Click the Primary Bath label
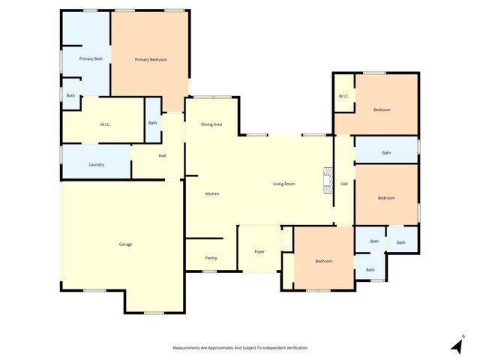(x=91, y=58)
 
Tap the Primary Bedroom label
(x=151, y=59)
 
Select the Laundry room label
(x=96, y=164)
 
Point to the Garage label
(x=125, y=244)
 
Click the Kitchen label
(x=212, y=194)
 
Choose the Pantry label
(x=211, y=257)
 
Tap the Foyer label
(x=259, y=251)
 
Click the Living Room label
(x=283, y=184)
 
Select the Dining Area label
(x=211, y=124)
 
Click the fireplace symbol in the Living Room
(x=327, y=181)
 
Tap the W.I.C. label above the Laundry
(x=105, y=124)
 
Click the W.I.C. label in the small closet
(x=343, y=96)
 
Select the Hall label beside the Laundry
(x=162, y=155)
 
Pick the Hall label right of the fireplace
(x=344, y=184)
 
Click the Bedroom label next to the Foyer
(x=323, y=261)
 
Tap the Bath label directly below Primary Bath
(x=70, y=95)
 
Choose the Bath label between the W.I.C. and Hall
(x=152, y=122)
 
